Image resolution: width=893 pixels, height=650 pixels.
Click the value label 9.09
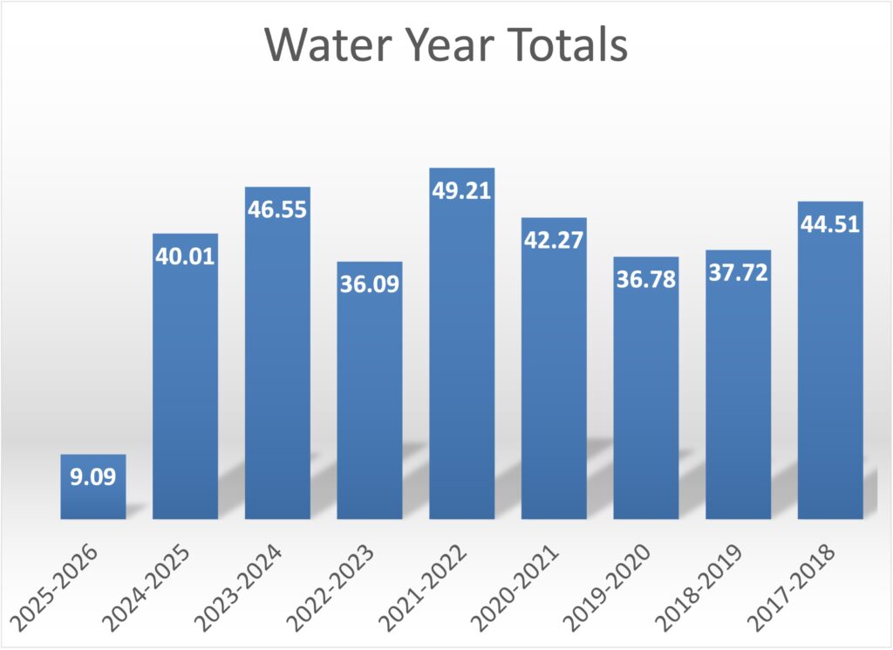pos(92,477)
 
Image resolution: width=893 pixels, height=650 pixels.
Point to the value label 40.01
pos(185,257)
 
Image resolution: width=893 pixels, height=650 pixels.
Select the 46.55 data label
pos(277,210)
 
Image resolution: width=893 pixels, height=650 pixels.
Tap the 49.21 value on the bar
pos(462,191)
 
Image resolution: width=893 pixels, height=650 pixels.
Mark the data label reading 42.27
pos(555,240)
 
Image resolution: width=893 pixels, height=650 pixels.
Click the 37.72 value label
pos(739,273)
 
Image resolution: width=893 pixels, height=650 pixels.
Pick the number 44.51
pos(830,224)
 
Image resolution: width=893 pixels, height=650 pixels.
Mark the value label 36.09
pos(370,284)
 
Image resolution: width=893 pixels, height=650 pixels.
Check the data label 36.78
pos(646,280)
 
